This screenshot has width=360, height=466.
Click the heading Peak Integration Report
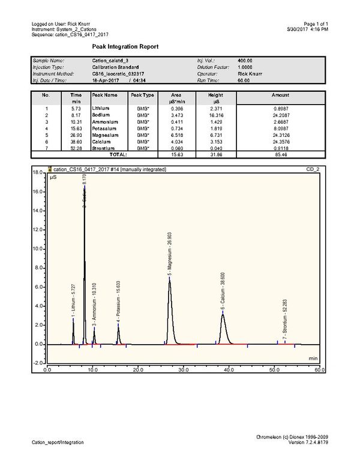[125, 47]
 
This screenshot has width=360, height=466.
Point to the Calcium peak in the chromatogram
[223, 313]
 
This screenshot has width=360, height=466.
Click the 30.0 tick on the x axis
[184, 370]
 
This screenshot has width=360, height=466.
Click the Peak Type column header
[143, 95]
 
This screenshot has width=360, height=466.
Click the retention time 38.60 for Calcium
[76, 142]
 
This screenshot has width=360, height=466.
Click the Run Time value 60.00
[245, 80]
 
